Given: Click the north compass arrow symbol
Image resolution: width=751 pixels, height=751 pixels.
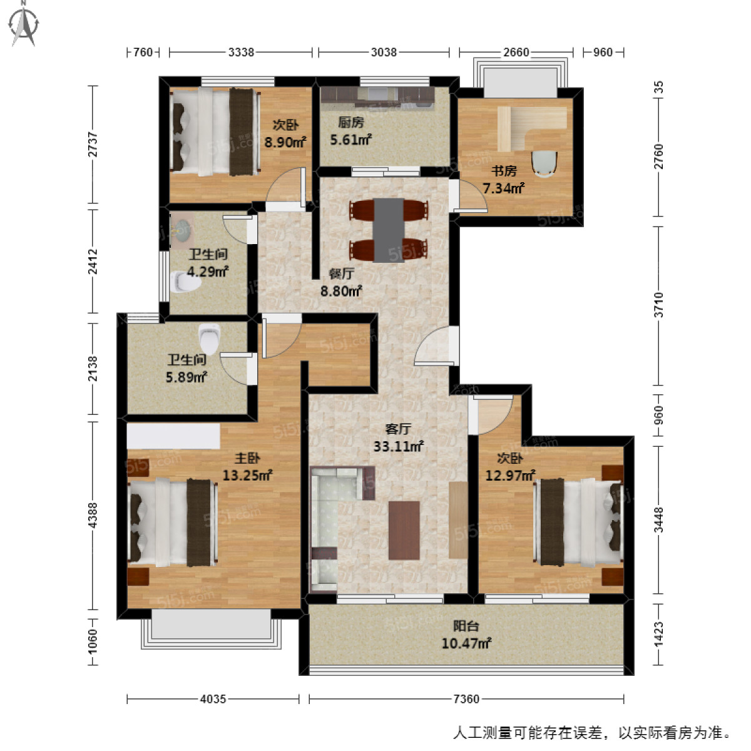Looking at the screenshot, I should point(24,23).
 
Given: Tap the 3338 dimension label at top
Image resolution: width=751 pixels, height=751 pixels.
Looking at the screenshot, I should point(241,52).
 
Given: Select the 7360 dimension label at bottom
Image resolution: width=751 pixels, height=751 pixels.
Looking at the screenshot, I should point(466,698).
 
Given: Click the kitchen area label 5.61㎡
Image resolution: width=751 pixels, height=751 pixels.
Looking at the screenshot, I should point(351,140).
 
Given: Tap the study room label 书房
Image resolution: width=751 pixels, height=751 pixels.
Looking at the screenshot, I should point(504,170).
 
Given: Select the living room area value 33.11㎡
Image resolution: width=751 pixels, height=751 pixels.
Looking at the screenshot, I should point(399,446).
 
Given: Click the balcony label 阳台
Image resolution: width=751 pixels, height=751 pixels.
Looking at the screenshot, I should point(466,625).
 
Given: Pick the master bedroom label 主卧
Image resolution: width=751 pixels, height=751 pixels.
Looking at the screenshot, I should point(247,458).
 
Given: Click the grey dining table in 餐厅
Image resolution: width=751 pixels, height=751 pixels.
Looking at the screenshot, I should point(389,230).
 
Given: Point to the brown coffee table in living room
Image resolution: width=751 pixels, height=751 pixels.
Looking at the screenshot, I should point(404,530).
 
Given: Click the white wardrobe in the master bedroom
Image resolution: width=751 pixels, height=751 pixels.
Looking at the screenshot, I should point(173,436).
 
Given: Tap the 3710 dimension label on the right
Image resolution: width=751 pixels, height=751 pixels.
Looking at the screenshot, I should point(658,304).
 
